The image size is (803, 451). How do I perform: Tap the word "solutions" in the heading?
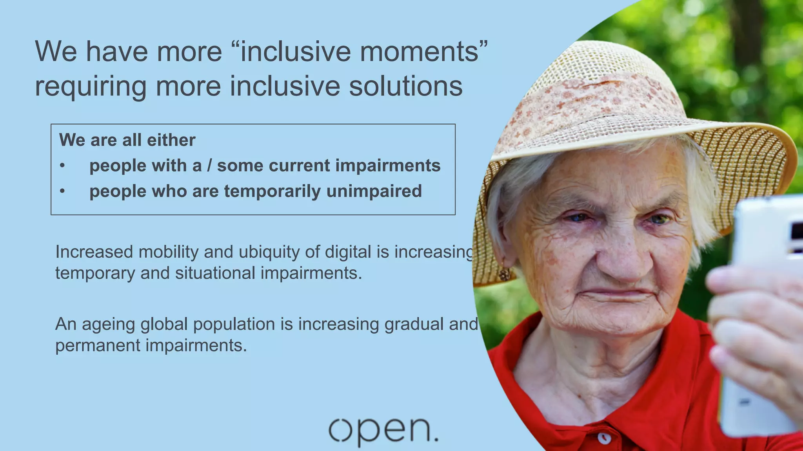pyautogui.click(x=405, y=86)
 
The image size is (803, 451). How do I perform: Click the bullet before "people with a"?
pyautogui.click(x=62, y=166)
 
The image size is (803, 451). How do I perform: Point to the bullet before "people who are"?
pyautogui.click(x=62, y=191)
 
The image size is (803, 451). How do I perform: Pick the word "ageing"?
pyautogui.click(x=108, y=325)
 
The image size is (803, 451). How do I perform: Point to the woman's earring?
pyautogui.click(x=505, y=274)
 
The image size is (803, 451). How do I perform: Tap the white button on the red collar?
pyautogui.click(x=604, y=437)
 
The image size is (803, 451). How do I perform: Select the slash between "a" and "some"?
pyautogui.click(x=209, y=166)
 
